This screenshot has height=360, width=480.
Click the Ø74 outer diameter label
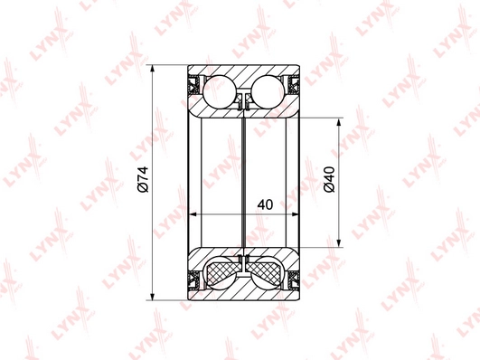pos(143,179)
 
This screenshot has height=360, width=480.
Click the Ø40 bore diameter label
pos(329,179)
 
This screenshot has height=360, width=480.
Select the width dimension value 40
pos(265,204)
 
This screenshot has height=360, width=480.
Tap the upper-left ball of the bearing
pos(220,91)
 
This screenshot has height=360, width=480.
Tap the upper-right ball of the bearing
pos(268,91)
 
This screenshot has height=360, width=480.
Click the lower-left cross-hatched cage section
pos(222,270)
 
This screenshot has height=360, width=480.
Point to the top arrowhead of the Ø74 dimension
pos(152,69)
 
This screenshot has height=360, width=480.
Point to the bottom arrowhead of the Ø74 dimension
pos(152,296)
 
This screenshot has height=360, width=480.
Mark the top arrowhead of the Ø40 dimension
pos(339,122)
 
